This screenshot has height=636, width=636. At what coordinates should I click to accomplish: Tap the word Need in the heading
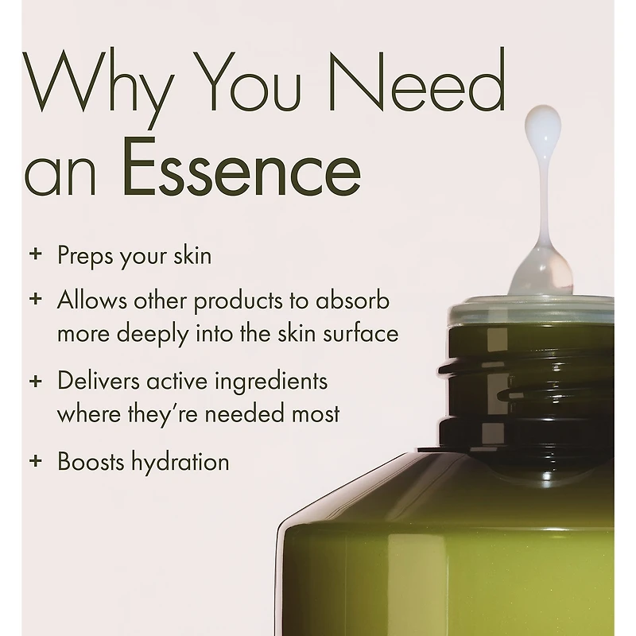coord(418,79)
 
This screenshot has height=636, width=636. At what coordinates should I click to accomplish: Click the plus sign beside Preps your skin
coord(36,254)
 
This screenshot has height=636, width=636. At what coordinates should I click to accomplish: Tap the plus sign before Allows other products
coord(36,299)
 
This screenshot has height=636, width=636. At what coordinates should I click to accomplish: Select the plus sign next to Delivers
coord(36,381)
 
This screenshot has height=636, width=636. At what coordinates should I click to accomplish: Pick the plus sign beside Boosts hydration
coord(36,460)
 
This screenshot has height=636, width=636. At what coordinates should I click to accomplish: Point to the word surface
coord(361,333)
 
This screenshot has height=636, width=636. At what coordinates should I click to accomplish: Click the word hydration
coord(180,463)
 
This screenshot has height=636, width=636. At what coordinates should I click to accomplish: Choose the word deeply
coord(153,335)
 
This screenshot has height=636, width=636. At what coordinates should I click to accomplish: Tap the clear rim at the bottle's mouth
coord(531,310)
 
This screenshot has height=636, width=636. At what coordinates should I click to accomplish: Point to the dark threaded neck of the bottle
coord(527,390)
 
